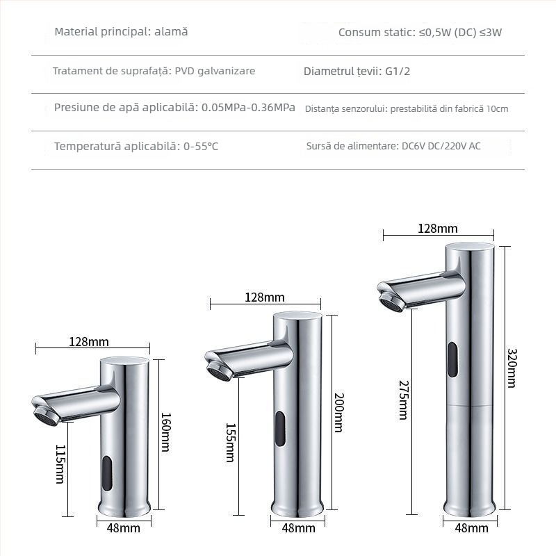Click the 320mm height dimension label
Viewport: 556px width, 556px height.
click(x=512, y=368)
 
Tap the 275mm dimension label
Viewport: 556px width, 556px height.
click(x=402, y=400)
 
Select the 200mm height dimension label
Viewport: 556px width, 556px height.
click(x=338, y=413)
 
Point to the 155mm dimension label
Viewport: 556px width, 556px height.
click(x=229, y=443)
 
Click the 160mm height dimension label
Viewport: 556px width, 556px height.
click(x=165, y=432)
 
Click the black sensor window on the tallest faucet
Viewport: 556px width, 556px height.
click(x=452, y=360)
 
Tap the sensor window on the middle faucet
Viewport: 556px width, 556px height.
click(x=280, y=428)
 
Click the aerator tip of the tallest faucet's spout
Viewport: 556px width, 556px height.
click(x=391, y=302)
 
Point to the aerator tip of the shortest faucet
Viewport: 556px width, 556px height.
click(x=46, y=416)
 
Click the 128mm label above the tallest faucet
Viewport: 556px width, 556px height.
click(x=437, y=228)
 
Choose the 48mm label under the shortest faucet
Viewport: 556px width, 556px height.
click(x=123, y=528)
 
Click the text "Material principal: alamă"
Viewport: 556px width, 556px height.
click(x=121, y=32)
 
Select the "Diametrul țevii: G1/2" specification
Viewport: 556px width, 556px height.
click(x=357, y=71)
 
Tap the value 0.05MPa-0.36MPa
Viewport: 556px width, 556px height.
click(x=248, y=108)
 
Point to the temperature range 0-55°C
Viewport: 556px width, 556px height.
click(x=200, y=147)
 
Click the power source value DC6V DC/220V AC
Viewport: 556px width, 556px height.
click(x=441, y=147)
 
